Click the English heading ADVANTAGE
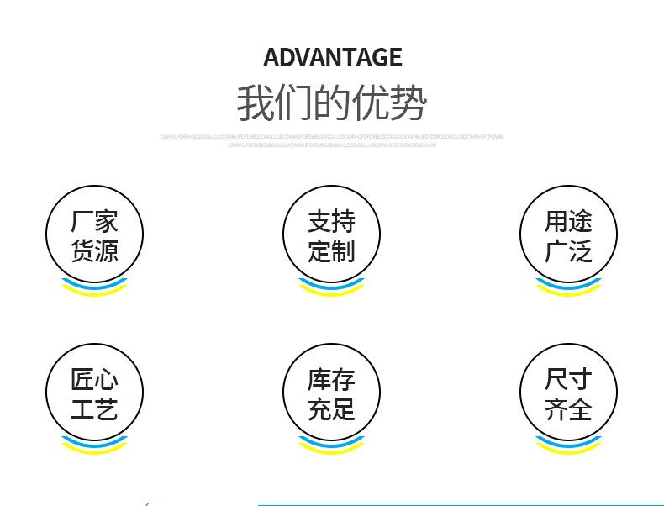click(x=332, y=57)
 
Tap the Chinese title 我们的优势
click(x=332, y=103)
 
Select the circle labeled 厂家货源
click(x=94, y=235)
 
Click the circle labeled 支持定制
click(x=331, y=235)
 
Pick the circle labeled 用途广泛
click(x=568, y=235)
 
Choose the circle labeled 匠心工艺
click(x=94, y=393)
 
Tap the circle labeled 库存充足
click(x=331, y=393)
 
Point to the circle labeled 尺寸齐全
click(x=568, y=393)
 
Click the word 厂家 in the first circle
click(x=94, y=221)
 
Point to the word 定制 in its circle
click(x=331, y=250)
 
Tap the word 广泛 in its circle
click(x=568, y=250)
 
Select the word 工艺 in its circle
click(x=94, y=409)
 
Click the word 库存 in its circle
click(x=331, y=380)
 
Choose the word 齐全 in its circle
click(x=568, y=409)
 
